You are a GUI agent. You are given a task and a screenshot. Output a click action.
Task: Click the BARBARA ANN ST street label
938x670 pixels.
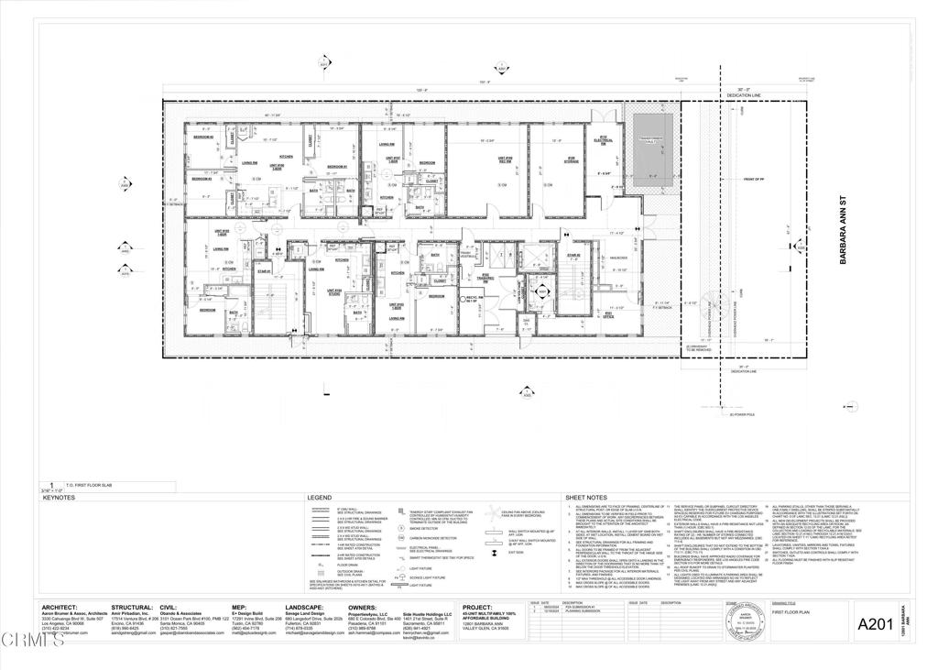pyautogui.click(x=844, y=242)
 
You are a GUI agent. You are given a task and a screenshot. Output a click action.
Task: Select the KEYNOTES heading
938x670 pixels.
pyautogui.click(x=60, y=498)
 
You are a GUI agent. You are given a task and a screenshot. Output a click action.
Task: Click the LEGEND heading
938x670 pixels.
pyautogui.click(x=319, y=498)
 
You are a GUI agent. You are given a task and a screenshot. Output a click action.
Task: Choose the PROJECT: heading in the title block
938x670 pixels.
pyautogui.click(x=478, y=606)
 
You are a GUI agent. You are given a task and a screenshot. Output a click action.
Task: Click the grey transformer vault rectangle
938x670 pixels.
pyautogui.click(x=649, y=148)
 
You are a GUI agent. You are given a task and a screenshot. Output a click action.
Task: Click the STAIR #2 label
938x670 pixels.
pyautogui.click(x=573, y=256)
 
